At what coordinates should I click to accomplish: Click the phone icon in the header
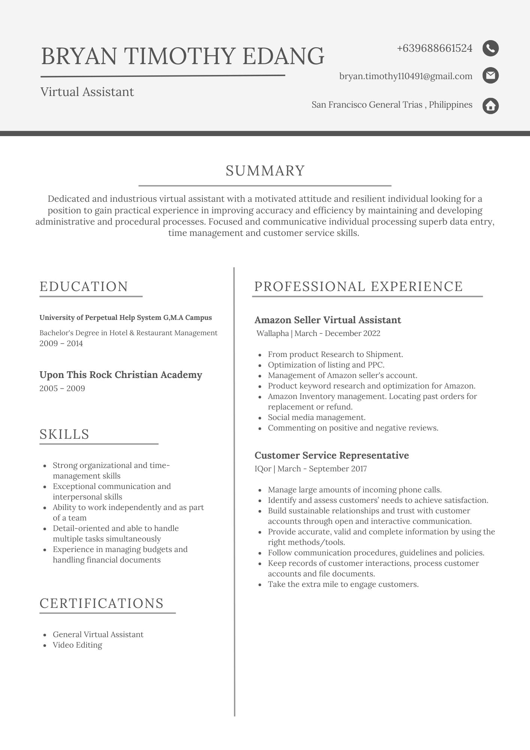point(490,48)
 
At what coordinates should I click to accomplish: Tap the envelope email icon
point(490,76)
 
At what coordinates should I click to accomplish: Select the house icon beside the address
point(490,106)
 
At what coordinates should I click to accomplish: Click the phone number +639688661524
point(434,48)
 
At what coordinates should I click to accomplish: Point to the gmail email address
point(406,76)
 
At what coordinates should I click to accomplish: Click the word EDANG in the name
point(283,56)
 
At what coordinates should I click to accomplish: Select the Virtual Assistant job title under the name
point(87,92)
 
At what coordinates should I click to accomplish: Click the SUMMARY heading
point(265,171)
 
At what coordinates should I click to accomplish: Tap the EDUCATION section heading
point(84,286)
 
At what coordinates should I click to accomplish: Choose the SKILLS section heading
point(64,434)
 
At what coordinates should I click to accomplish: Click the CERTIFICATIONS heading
point(102,603)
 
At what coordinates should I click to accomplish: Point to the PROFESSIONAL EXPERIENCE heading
point(358,286)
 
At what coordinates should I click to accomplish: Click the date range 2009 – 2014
point(61,343)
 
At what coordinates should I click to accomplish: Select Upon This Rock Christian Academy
point(121,375)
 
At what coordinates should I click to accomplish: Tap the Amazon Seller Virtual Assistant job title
point(328,320)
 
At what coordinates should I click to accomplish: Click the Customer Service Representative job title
point(331,455)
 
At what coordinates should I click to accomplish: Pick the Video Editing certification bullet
point(77,645)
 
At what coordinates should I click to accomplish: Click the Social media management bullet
point(316,417)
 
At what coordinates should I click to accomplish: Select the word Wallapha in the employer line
point(272,333)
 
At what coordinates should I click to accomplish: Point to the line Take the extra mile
point(343,584)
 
